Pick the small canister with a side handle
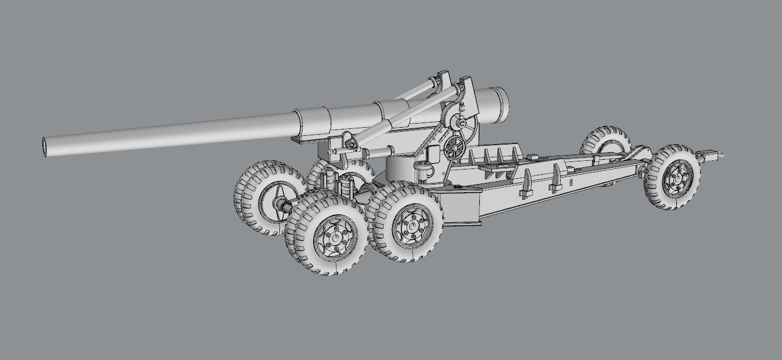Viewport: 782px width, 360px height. click(x=423, y=172)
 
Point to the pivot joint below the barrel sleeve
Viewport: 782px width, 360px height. click(x=349, y=142)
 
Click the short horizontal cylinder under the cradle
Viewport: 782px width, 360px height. click(x=379, y=152)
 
